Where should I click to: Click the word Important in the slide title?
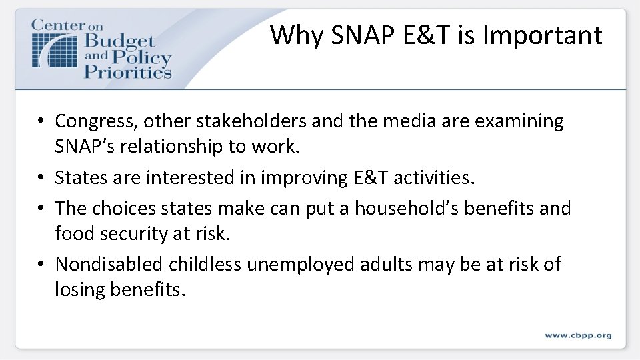coord(542,35)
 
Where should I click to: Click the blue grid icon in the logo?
coord(55,49)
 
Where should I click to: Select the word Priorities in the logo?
coord(128,71)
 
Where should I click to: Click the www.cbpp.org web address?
coord(577,335)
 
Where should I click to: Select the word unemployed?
coord(301,265)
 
